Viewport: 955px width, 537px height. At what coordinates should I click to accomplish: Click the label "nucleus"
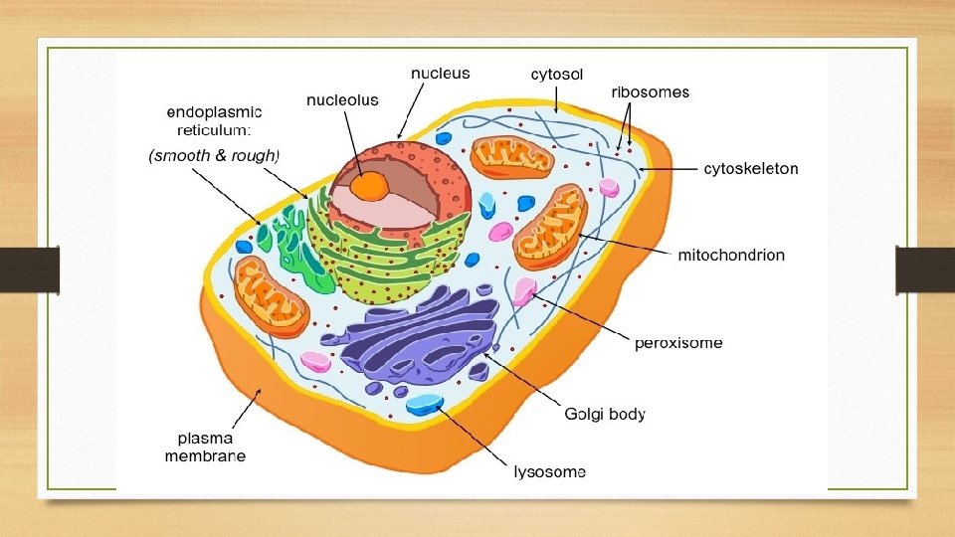[441, 74]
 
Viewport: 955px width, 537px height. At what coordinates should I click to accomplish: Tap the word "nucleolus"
[342, 101]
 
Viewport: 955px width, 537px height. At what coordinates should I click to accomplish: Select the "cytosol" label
[557, 74]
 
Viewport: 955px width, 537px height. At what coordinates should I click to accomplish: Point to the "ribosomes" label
[650, 92]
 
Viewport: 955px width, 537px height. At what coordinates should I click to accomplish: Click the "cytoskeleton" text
[751, 169]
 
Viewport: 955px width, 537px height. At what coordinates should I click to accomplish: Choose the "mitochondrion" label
[731, 256]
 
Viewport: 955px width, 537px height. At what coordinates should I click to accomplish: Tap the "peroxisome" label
[678, 344]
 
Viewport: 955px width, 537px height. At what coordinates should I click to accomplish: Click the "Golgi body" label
[605, 414]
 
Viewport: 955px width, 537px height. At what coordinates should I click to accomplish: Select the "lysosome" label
[549, 471]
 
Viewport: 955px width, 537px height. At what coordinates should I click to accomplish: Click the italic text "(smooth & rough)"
[215, 155]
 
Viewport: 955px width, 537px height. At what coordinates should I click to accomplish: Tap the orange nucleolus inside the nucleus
[370, 185]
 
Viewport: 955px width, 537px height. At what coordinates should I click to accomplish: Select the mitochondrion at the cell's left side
[271, 295]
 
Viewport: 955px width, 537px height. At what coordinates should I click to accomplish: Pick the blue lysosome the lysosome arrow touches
[425, 404]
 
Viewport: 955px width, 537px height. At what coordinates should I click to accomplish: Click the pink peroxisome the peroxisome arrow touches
[524, 291]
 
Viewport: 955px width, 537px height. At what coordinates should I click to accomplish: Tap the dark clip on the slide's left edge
[30, 270]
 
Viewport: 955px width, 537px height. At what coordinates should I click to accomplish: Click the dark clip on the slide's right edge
[924, 270]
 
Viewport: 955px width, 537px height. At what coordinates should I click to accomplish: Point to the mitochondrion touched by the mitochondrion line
[550, 227]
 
